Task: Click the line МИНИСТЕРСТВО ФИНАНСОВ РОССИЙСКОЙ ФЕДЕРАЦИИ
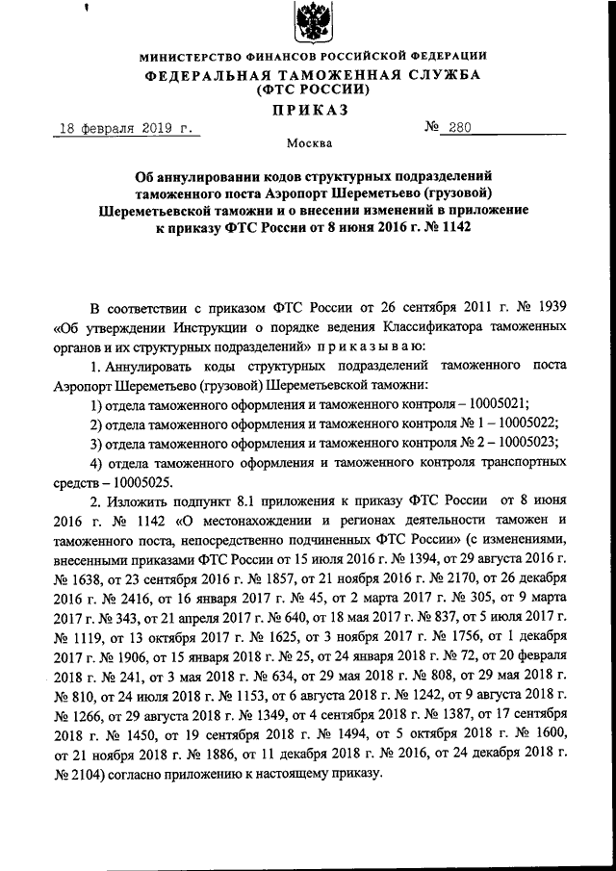309,56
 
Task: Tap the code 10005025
141,481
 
